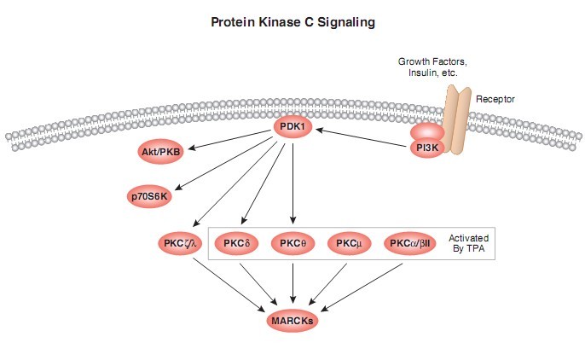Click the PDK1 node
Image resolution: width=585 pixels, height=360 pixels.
[x=292, y=127]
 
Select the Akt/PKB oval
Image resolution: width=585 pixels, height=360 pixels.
[x=161, y=152]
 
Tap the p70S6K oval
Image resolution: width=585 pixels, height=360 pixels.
[x=149, y=196]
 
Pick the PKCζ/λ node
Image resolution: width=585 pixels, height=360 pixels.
[x=180, y=244]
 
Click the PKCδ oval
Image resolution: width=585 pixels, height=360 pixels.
[x=236, y=244]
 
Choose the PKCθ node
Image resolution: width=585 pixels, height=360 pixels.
[x=292, y=244]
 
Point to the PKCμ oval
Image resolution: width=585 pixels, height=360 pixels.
[x=350, y=244]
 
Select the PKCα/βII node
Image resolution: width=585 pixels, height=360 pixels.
[x=410, y=244]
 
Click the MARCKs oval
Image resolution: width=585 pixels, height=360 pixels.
[x=292, y=321]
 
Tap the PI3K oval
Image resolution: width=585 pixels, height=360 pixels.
[x=427, y=148]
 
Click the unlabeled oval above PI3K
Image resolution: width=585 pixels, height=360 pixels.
[x=427, y=132]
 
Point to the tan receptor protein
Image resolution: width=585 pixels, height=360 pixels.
[x=457, y=119]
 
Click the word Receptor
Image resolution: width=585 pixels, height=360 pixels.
[x=495, y=99]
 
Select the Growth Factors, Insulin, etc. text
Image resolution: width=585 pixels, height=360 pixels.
[x=432, y=67]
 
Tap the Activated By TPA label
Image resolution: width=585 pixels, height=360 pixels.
[x=469, y=243]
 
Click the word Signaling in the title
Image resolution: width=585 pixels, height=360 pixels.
[x=346, y=22]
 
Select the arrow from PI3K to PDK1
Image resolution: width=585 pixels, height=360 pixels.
[x=362, y=138]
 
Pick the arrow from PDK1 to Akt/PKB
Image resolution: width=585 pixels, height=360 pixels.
[x=229, y=140]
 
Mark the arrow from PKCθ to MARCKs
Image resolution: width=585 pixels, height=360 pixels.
[x=292, y=283]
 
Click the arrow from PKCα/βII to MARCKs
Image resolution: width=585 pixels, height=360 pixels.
[x=362, y=287]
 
